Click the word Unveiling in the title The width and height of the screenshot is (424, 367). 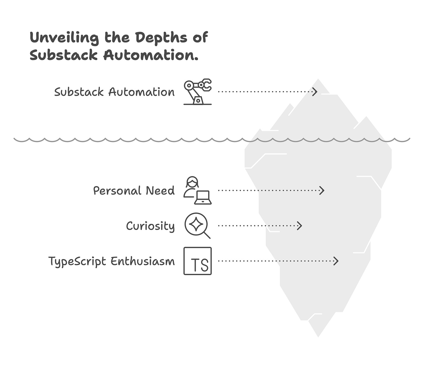pyautogui.click(x=64, y=38)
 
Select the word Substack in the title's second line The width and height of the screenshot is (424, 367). pyautogui.click(x=63, y=55)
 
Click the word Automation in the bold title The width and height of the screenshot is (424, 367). pyautogui.click(x=151, y=55)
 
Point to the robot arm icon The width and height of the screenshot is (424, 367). pyautogui.click(x=197, y=91)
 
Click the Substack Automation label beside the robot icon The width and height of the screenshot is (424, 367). pyautogui.click(x=114, y=92)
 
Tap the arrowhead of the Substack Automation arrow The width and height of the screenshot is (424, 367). pyautogui.click(x=315, y=92)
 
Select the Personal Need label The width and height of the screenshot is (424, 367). pyautogui.click(x=134, y=191)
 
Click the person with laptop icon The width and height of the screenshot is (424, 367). pyautogui.click(x=197, y=190)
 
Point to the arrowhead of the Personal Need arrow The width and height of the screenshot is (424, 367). pyautogui.click(x=322, y=191)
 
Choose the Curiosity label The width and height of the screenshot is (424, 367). pyautogui.click(x=150, y=226)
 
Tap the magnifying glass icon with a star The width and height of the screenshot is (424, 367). pyautogui.click(x=197, y=226)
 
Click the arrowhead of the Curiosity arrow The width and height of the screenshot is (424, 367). pyautogui.click(x=300, y=226)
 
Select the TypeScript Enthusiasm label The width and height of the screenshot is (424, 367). pyautogui.click(x=111, y=261)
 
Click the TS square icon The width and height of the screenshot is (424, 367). pyautogui.click(x=197, y=261)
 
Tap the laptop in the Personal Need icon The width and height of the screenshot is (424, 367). pyautogui.click(x=203, y=198)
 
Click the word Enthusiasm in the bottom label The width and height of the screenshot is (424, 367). pyautogui.click(x=142, y=261)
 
